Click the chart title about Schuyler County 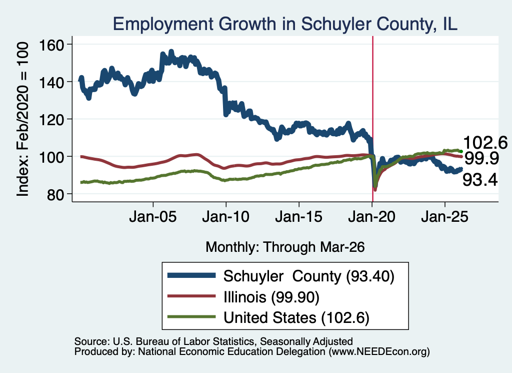(285, 24)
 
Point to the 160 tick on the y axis (51, 45)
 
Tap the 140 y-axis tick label (51, 82)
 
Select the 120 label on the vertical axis (51, 119)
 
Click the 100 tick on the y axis (51, 157)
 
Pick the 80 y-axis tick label (55, 194)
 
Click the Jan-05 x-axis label (153, 217)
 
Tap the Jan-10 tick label (226, 217)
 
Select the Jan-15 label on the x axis (299, 217)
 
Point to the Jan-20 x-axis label (372, 217)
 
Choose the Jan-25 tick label (444, 217)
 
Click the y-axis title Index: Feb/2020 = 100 (22, 119)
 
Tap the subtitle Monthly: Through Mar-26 (285, 247)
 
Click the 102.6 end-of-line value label (485, 143)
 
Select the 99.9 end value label (481, 159)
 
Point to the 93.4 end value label (480, 180)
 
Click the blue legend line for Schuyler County (191, 275)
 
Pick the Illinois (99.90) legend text (271, 297)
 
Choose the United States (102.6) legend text (296, 317)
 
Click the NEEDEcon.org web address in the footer (379, 352)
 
